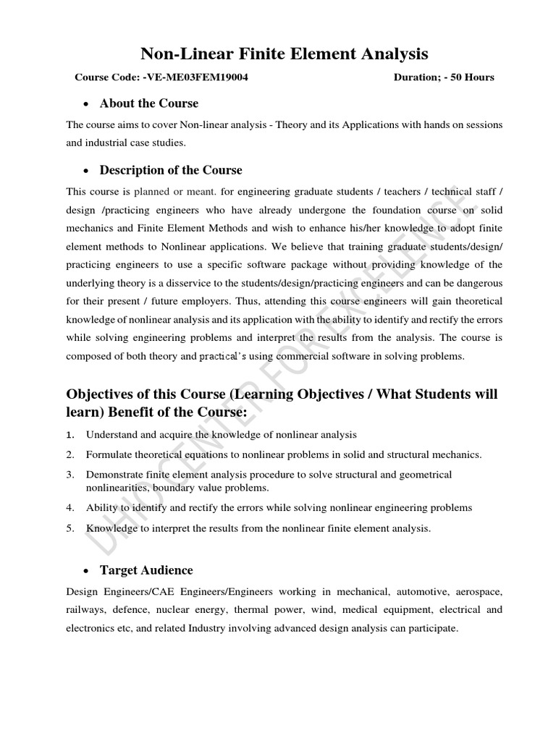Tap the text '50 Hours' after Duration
(473, 77)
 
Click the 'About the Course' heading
(148, 103)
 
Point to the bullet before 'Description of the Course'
(87, 171)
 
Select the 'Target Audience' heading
(146, 570)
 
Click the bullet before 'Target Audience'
(87, 571)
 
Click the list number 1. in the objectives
(70, 435)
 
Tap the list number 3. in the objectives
(70, 475)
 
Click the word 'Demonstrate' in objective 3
(112, 475)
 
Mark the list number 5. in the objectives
(70, 528)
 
